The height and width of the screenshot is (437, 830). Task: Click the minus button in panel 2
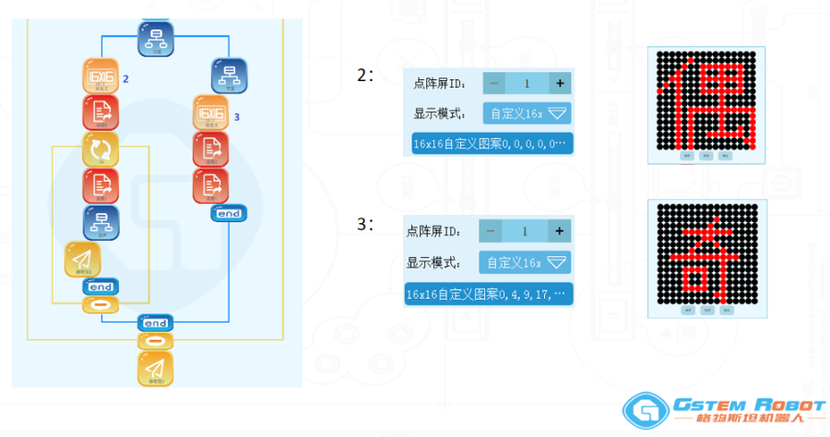coord(494,83)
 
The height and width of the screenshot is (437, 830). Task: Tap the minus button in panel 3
coord(490,230)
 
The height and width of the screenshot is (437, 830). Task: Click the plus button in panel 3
coord(558,230)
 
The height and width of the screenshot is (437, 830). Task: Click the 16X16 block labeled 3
coord(211,114)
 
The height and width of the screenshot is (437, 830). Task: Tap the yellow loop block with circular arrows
coord(100,149)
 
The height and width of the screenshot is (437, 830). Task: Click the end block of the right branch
coord(228,214)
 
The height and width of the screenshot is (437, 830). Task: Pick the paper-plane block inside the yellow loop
coord(83,260)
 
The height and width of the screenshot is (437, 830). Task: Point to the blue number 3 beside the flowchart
coord(237,117)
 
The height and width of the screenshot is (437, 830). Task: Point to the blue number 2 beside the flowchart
coord(125,79)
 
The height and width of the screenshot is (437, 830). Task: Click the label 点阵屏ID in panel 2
coord(441,84)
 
